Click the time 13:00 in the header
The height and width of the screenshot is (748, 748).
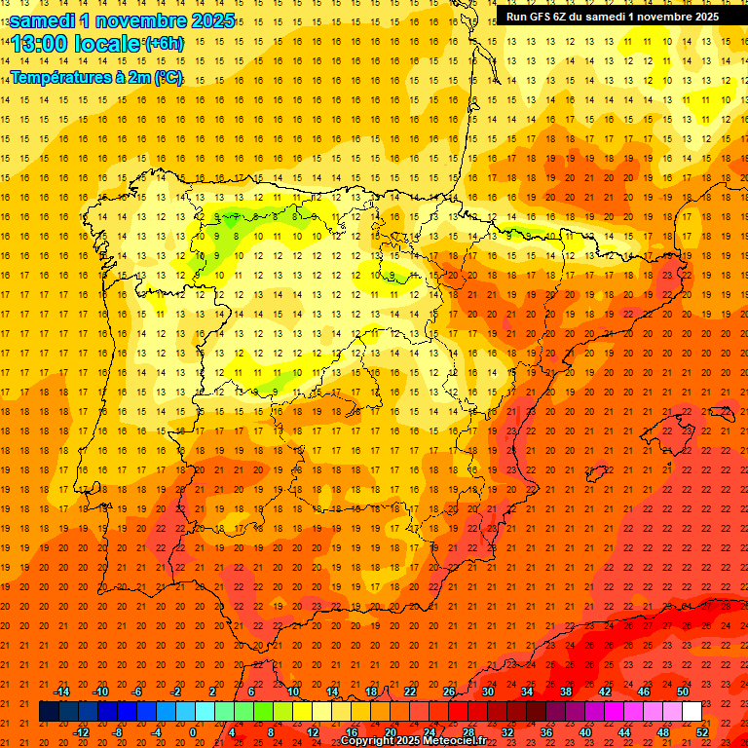43,44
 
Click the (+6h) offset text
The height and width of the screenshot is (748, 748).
163,43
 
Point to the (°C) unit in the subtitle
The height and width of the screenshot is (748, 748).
168,76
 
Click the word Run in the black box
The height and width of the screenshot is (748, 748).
517,16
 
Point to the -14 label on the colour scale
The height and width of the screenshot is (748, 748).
62,692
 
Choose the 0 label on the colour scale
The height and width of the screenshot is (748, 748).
194,731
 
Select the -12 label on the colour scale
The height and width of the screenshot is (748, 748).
81,731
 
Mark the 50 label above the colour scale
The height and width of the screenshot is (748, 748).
683,692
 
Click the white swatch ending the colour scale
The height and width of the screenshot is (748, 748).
692,711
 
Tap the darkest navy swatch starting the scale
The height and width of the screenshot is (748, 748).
49,711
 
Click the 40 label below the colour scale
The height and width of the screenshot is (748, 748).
585,731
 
